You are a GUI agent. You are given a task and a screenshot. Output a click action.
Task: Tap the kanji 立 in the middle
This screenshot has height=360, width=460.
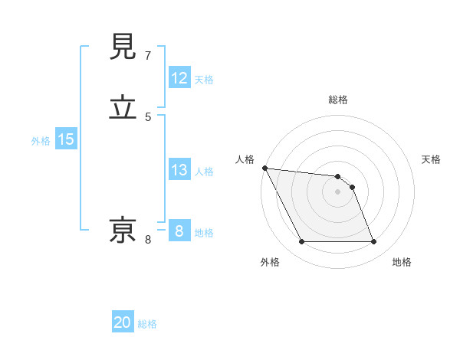coord(124,107)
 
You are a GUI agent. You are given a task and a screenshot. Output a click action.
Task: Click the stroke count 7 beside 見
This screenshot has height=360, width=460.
coord(148,56)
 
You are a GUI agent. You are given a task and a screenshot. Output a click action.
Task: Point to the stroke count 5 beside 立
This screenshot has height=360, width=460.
coord(148,116)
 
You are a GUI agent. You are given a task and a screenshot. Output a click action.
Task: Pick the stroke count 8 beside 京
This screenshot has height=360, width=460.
coord(148,240)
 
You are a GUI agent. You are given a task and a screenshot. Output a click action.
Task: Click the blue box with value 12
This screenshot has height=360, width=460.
coord(179,78)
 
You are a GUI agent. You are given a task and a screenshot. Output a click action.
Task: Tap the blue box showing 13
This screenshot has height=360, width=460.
coord(179,170)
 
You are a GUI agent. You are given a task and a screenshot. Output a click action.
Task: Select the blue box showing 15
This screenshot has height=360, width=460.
coord(66,139)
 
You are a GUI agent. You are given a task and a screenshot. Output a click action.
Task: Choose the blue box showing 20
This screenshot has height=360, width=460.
coord(123,322)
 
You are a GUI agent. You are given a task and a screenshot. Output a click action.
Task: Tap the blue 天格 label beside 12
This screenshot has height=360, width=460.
coord(204,80)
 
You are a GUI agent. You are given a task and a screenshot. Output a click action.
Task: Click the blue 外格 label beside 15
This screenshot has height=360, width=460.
coord(41,140)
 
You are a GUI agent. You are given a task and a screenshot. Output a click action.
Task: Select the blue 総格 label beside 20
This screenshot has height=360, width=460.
coord(147,324)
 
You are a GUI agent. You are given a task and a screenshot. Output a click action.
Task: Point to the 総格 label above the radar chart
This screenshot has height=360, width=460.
coord(338,100)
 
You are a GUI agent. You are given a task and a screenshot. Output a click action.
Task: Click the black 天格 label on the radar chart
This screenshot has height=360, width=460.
coord(432,159)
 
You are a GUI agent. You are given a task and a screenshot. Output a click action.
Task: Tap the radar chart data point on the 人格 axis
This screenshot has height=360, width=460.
coord(264,168)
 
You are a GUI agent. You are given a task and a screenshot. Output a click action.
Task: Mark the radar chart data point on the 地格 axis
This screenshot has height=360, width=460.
coord(374,242)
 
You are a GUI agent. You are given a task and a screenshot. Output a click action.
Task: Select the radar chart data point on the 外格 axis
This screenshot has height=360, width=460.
coord(301,242)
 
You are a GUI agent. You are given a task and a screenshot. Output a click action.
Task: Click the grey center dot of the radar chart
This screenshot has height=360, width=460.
coord(338,191)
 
